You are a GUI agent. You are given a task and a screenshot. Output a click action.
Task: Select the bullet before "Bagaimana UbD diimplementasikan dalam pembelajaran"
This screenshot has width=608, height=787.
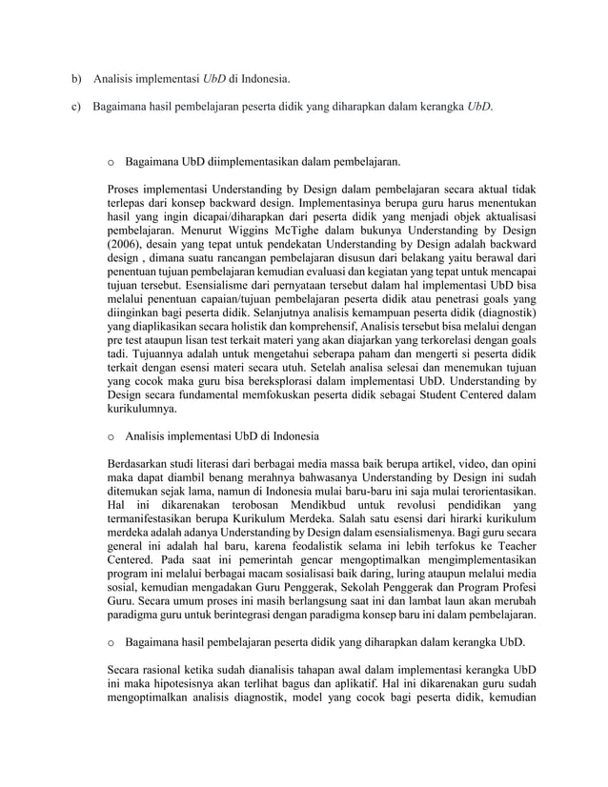click(x=112, y=163)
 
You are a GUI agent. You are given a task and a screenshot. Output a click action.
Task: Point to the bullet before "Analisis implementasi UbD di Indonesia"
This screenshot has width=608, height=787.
click(x=112, y=437)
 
